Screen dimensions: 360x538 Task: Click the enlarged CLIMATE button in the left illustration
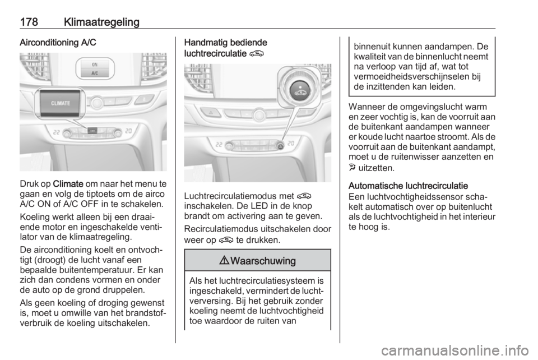point(60,103)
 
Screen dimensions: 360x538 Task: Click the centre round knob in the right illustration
point(259,114)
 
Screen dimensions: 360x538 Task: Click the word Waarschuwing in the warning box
point(263,262)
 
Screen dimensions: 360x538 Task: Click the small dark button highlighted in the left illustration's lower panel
point(93,131)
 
